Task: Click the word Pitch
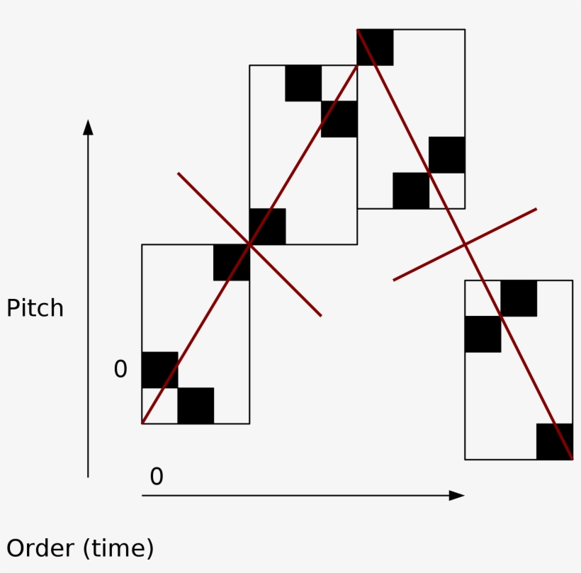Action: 35,309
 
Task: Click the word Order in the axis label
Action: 40,549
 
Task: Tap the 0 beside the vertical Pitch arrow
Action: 120,369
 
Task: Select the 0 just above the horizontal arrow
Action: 157,477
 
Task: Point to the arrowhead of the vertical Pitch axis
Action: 88,127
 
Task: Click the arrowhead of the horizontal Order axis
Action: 456,495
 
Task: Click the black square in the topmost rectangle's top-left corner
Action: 376,47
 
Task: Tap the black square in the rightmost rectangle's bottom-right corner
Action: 554,441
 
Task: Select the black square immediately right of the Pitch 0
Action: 160,370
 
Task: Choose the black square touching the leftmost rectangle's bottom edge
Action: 196,405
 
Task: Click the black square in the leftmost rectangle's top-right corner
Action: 232,262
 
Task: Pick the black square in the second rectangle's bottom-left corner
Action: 268,226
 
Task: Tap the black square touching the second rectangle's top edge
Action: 303,83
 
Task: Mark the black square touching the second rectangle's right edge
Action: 339,119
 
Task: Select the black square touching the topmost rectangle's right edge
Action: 447,154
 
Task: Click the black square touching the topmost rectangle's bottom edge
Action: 411,191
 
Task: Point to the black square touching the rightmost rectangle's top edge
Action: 519,298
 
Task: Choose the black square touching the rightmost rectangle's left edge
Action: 483,334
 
